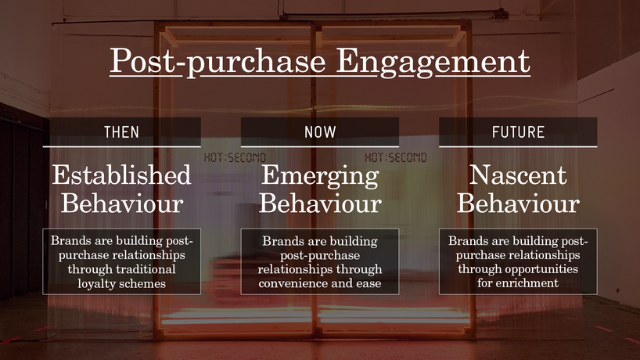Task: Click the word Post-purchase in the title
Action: tap(218, 61)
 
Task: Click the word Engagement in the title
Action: tap(433, 61)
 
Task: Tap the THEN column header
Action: tap(121, 132)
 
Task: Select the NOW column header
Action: tap(320, 132)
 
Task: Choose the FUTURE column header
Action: tap(518, 132)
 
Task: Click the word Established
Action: tap(121, 175)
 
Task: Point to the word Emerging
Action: tap(320, 176)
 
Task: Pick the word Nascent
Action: tap(518, 175)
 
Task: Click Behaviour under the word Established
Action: tap(121, 203)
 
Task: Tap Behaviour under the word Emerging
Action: tap(320, 203)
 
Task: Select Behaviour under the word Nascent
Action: tap(518, 203)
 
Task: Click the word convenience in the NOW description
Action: tap(289, 283)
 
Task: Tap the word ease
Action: tap(369, 283)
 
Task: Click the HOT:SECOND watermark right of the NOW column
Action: tap(396, 157)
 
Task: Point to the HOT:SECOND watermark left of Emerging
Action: tap(235, 157)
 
